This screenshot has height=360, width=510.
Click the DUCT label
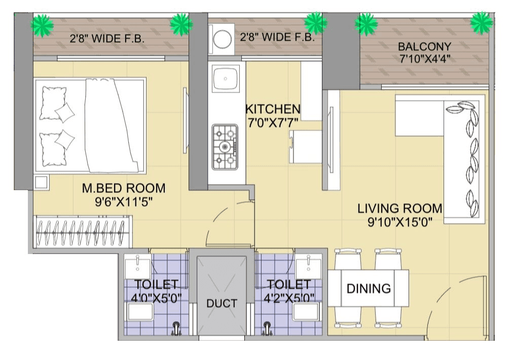point(222,304)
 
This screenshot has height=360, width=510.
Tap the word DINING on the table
point(369,289)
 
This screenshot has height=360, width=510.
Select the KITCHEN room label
point(273,109)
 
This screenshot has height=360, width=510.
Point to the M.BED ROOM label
point(124,189)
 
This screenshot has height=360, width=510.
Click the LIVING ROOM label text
point(399,208)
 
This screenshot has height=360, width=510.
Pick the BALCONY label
point(424,47)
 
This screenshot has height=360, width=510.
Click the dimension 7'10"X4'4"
point(425,59)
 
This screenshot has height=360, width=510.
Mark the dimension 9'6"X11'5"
point(124,202)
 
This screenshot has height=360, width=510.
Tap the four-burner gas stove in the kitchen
point(225,147)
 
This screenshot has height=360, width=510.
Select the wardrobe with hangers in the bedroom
point(83,232)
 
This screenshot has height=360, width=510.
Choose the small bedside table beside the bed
point(41,182)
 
